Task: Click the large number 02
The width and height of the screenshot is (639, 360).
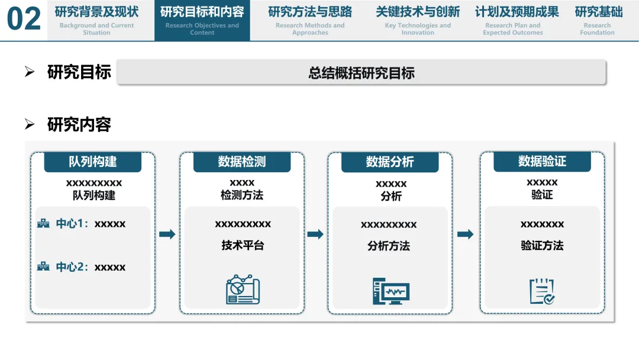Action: (x=24, y=20)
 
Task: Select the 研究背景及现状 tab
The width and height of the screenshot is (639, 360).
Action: (x=96, y=20)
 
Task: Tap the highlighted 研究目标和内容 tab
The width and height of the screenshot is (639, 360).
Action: (x=202, y=20)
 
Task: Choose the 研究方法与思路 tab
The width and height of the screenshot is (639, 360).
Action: (x=310, y=20)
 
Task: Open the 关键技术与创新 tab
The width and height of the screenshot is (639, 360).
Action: (x=418, y=20)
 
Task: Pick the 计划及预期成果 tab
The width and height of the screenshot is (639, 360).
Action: (x=517, y=20)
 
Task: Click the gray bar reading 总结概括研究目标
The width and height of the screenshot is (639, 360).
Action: (x=362, y=73)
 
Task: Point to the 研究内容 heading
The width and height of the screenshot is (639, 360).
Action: (x=79, y=125)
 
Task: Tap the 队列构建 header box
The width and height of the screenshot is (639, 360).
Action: (x=93, y=162)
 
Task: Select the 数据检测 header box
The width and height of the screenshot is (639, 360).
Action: (x=242, y=162)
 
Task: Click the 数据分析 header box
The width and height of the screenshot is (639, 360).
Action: (x=390, y=162)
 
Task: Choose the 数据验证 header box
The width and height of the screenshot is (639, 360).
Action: (x=542, y=161)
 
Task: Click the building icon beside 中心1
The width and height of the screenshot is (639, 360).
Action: (x=43, y=224)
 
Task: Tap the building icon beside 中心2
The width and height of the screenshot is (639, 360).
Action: (x=43, y=267)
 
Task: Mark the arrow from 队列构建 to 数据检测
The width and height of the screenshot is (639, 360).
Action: (x=167, y=234)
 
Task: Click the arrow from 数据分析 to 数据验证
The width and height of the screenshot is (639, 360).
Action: (x=466, y=234)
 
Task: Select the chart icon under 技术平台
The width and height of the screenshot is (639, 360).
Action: (x=243, y=290)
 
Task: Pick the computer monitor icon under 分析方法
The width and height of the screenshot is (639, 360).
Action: (x=390, y=291)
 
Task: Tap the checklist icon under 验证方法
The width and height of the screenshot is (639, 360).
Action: (x=541, y=291)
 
